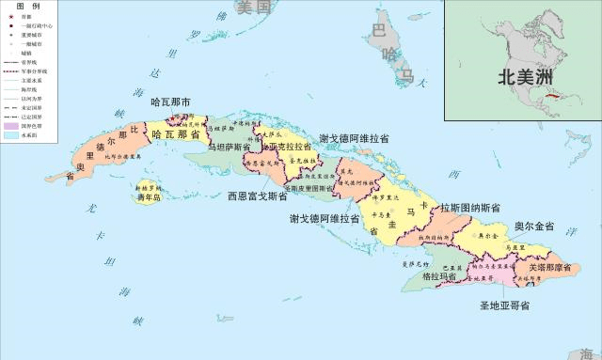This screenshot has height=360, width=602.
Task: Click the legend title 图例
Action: point(26,6)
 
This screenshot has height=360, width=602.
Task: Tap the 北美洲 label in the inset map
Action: point(525,79)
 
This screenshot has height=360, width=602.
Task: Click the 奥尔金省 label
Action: point(534,227)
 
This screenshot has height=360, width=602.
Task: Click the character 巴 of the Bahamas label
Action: point(379,31)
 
